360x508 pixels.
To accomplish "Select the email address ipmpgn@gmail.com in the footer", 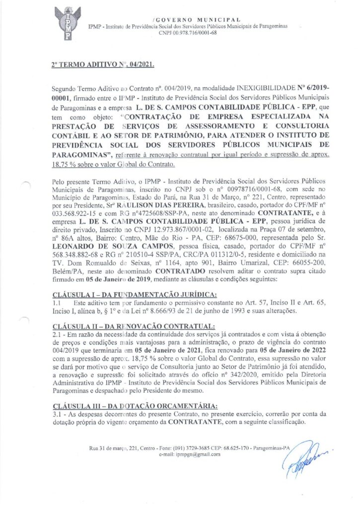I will [190, 454].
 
